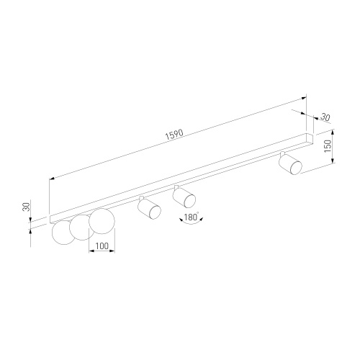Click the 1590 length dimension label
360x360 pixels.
tap(174, 135)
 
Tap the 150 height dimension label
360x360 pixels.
tap(328, 146)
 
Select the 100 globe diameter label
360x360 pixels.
tap(102, 246)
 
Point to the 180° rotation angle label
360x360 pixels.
tap(192, 217)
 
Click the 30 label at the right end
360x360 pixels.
tap(325, 117)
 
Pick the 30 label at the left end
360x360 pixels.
tap(26, 207)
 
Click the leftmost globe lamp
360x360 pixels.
tap(63, 233)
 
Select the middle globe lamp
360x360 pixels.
tap(81, 228)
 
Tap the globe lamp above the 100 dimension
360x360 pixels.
tap(102, 221)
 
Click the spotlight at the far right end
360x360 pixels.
tap(290, 164)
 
